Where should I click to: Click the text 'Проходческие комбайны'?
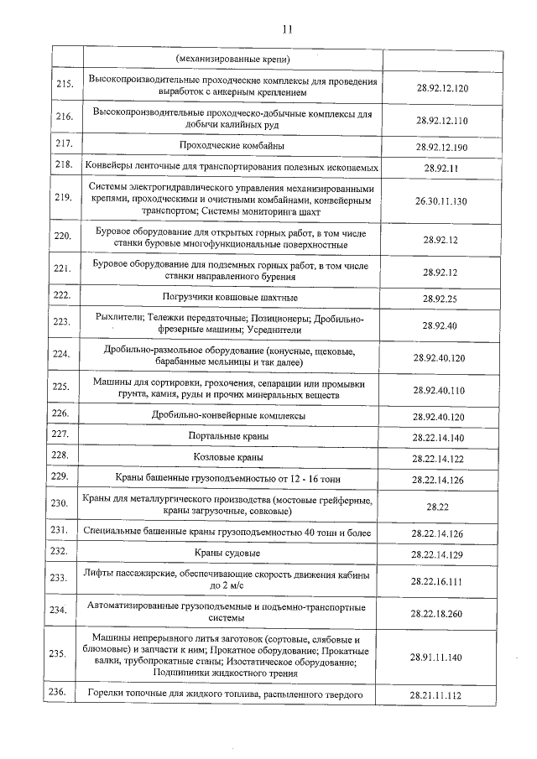232,146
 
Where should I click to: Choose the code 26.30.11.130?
441,201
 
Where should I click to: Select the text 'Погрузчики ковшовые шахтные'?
232,298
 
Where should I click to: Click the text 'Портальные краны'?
232,436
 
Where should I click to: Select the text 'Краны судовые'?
232,554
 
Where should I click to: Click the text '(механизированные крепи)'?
232,60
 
